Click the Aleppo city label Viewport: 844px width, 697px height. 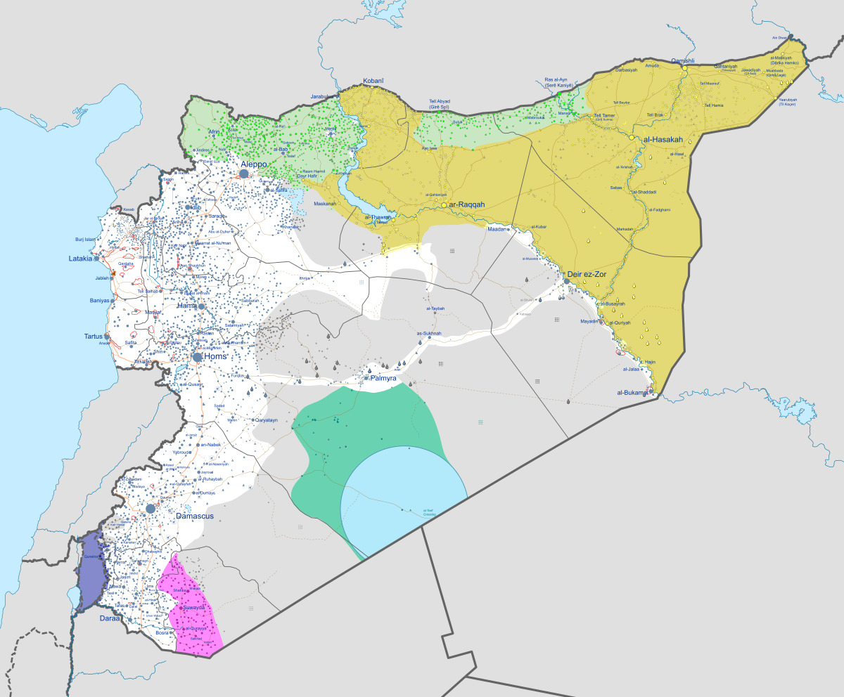point(253,164)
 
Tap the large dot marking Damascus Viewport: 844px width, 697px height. point(151,508)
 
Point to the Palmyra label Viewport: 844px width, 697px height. point(383,379)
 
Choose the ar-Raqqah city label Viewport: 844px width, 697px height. point(467,204)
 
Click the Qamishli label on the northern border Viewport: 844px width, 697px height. point(682,60)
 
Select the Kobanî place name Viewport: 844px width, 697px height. point(373,81)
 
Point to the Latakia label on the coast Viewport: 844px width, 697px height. point(80,259)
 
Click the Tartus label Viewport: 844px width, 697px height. point(93,335)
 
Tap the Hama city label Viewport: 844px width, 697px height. point(186,306)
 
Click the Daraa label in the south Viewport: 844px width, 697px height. point(109,619)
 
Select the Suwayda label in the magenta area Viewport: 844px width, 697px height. point(193,607)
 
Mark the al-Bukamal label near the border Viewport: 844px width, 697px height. point(631,392)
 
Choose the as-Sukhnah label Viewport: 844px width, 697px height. point(429,333)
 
